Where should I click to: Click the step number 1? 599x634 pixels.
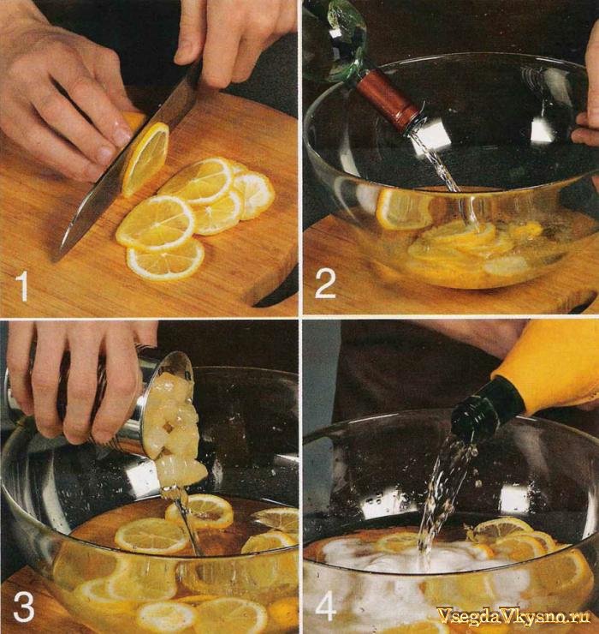point(22,286)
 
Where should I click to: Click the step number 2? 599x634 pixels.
point(325,284)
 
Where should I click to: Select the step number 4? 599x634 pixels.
point(326,606)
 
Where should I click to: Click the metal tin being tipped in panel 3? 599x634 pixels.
point(122,400)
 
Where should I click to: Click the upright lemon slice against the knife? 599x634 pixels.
point(145,158)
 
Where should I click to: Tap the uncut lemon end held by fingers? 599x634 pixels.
point(133,121)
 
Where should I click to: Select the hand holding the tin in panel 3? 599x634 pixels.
point(77,380)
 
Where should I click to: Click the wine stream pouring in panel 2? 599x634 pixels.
point(448,178)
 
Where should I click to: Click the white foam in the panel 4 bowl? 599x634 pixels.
point(404,558)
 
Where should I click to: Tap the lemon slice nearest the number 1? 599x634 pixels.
point(166,259)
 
